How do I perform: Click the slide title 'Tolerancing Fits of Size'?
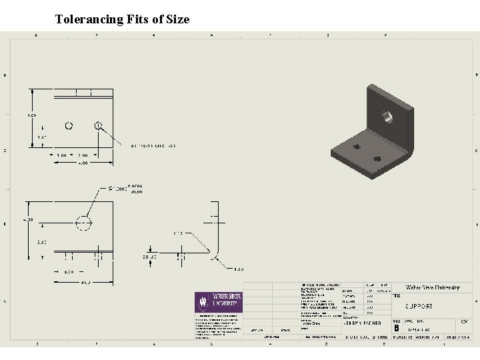pyautogui.click(x=122, y=19)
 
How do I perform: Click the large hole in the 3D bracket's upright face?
pyautogui.click(x=387, y=116)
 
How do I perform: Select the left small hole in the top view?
pyautogui.click(x=69, y=125)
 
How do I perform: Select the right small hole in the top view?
pyautogui.click(x=98, y=125)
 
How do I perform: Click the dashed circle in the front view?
pyautogui.click(x=84, y=223)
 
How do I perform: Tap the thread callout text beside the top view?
pyautogui.click(x=143, y=145)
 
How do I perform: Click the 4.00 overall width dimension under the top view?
pyautogui.click(x=83, y=162)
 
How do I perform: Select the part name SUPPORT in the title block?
pyautogui.click(x=419, y=307)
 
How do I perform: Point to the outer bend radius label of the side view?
pyautogui.click(x=238, y=269)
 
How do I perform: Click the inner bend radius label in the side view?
pyautogui.click(x=178, y=233)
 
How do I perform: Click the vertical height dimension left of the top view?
pyautogui.click(x=31, y=115)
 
